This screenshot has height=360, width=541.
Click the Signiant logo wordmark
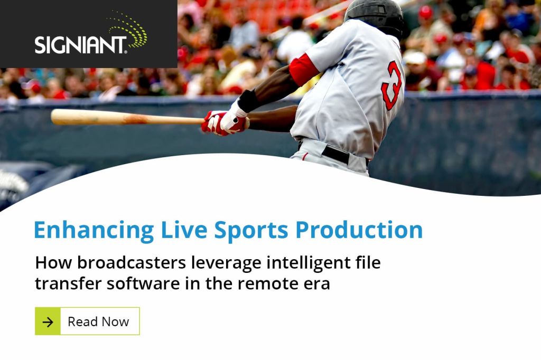coord(81,45)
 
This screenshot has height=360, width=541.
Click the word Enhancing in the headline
coord(94,230)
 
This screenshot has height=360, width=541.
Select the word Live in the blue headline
coord(184,229)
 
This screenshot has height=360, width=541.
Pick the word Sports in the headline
coord(251,230)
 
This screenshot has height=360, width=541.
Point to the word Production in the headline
coord(359,229)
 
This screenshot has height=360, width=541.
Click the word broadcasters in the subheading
coord(132,262)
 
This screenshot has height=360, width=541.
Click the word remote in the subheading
coord(263,284)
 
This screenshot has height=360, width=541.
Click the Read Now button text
coord(98,321)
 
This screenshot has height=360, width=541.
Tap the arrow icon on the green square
coord(48,322)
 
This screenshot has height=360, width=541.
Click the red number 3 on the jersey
coord(391,85)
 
